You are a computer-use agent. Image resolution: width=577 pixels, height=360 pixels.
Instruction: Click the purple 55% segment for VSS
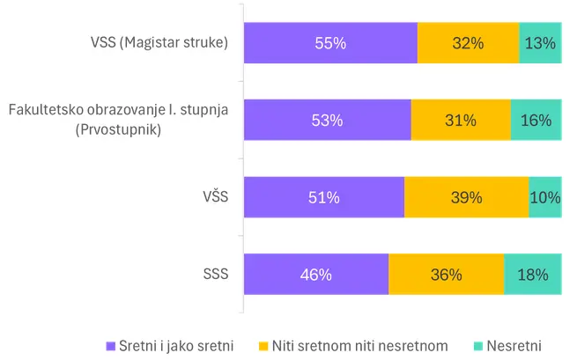pos(330,43)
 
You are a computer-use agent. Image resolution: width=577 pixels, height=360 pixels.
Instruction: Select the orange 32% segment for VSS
pos(469,43)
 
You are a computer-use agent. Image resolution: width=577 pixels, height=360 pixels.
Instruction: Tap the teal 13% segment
pos(540,43)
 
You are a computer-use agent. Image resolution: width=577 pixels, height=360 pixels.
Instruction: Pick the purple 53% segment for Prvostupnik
pos(327,121)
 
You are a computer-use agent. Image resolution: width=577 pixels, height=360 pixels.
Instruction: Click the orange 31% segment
pos(461,121)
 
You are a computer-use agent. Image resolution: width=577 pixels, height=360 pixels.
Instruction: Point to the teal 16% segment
pos(536,121)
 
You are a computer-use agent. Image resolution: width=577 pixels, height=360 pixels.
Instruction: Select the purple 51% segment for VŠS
pos(323,197)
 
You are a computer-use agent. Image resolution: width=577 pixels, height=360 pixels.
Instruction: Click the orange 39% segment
pos(466,197)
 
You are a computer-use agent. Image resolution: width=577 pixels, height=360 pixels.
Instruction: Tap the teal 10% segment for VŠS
pos(545,197)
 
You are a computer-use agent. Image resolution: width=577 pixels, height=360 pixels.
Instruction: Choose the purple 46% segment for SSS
pos(315,275)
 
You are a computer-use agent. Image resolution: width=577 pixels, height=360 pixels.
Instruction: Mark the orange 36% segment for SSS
pos(446,275)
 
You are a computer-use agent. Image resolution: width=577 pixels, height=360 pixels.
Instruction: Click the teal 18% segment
pos(532,275)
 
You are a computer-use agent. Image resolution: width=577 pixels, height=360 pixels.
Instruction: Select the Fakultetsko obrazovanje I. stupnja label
pos(119,111)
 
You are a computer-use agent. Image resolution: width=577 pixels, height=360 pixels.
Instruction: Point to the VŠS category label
pos(215,197)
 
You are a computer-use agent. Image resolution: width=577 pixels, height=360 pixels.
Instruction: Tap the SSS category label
pos(215,274)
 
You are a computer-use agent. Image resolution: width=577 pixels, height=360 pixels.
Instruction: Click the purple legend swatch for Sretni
pos(111,346)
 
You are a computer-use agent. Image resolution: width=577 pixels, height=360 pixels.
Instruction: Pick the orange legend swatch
pos(263,346)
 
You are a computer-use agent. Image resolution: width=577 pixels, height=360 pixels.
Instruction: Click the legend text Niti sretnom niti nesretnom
pos(360,346)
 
